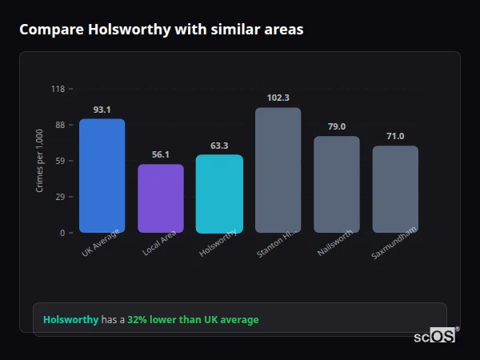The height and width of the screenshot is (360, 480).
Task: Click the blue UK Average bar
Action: pyautogui.click(x=102, y=176)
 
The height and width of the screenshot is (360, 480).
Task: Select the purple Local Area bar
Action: pyautogui.click(x=161, y=198)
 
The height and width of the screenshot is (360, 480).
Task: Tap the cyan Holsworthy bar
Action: pyautogui.click(x=219, y=194)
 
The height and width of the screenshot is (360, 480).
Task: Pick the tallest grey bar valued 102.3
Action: pyautogui.click(x=278, y=170)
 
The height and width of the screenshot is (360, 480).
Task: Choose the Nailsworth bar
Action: pyautogui.click(x=336, y=185)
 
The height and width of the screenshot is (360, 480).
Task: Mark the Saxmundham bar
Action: pyautogui.click(x=395, y=189)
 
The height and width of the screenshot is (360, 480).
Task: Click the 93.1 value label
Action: pyautogui.click(x=102, y=110)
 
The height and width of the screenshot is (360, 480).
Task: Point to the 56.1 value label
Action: pyautogui.click(x=161, y=155)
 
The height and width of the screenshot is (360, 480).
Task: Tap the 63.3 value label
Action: pyautogui.click(x=219, y=146)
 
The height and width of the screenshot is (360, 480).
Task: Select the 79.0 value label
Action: pyautogui.click(x=336, y=126)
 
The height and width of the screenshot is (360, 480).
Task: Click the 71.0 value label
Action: pyautogui.click(x=395, y=136)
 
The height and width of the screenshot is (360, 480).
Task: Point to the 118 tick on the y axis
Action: pyautogui.click(x=58, y=89)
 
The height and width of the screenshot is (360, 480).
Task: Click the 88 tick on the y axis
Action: pyautogui.click(x=59, y=125)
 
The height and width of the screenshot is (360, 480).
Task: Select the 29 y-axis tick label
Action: pyautogui.click(x=59, y=197)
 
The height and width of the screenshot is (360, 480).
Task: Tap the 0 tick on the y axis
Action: pyautogui.click(x=62, y=233)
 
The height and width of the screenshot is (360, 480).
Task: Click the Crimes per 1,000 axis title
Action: pyautogui.click(x=40, y=161)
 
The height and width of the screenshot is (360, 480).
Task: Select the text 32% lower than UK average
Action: pyautogui.click(x=193, y=320)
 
